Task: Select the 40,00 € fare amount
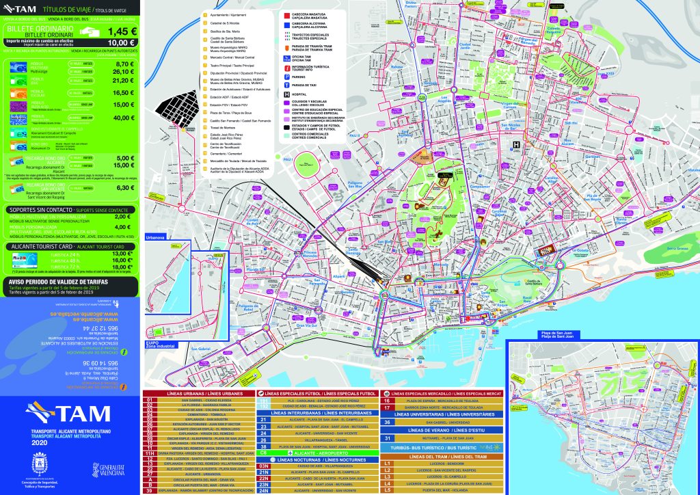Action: tap(124, 118)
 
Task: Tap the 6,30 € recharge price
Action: tap(124, 187)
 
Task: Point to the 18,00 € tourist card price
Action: tap(122, 267)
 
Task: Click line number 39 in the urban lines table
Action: tap(149, 490)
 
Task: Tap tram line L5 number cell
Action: tap(387, 490)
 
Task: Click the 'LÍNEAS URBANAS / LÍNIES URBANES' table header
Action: tap(199, 394)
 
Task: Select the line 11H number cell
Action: tap(149, 452)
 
